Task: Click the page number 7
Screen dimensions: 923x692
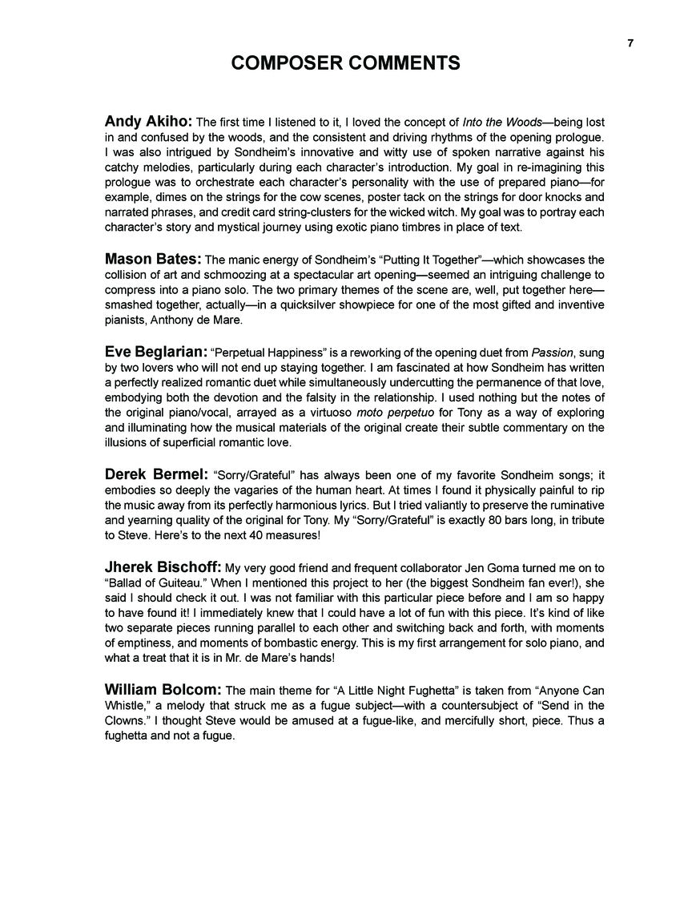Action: (x=630, y=43)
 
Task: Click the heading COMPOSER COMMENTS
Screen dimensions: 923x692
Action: (x=345, y=63)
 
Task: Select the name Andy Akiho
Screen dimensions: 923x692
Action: (x=148, y=122)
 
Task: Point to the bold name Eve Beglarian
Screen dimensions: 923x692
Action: (x=156, y=350)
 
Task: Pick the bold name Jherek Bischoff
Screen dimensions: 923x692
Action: (x=163, y=566)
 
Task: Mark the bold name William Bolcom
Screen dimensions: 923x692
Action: (x=163, y=689)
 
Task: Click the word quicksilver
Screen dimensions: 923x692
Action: (x=340, y=305)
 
